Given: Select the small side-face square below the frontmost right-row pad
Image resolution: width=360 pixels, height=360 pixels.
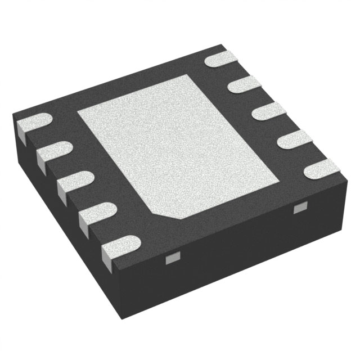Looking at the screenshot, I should [298, 209].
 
